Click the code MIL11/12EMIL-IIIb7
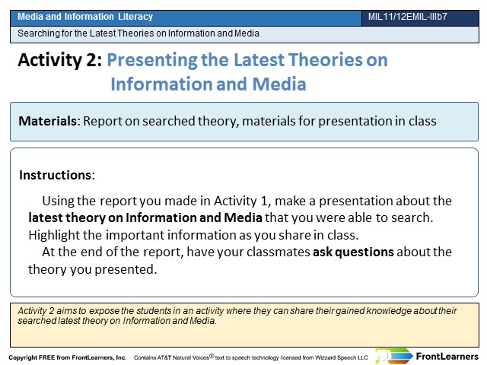[x=408, y=17]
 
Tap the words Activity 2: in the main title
[x=60, y=59]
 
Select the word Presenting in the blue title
[x=152, y=60]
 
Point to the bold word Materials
[x=47, y=121]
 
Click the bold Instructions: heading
[x=57, y=175]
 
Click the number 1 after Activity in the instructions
[x=264, y=201]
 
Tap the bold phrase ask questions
[x=353, y=252]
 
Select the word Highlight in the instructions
[x=49, y=235]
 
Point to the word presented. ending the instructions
[x=126, y=269]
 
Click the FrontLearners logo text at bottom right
[x=447, y=357]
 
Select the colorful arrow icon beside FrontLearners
[x=394, y=357]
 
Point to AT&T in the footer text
[x=164, y=357]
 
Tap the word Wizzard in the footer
[x=325, y=357]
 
